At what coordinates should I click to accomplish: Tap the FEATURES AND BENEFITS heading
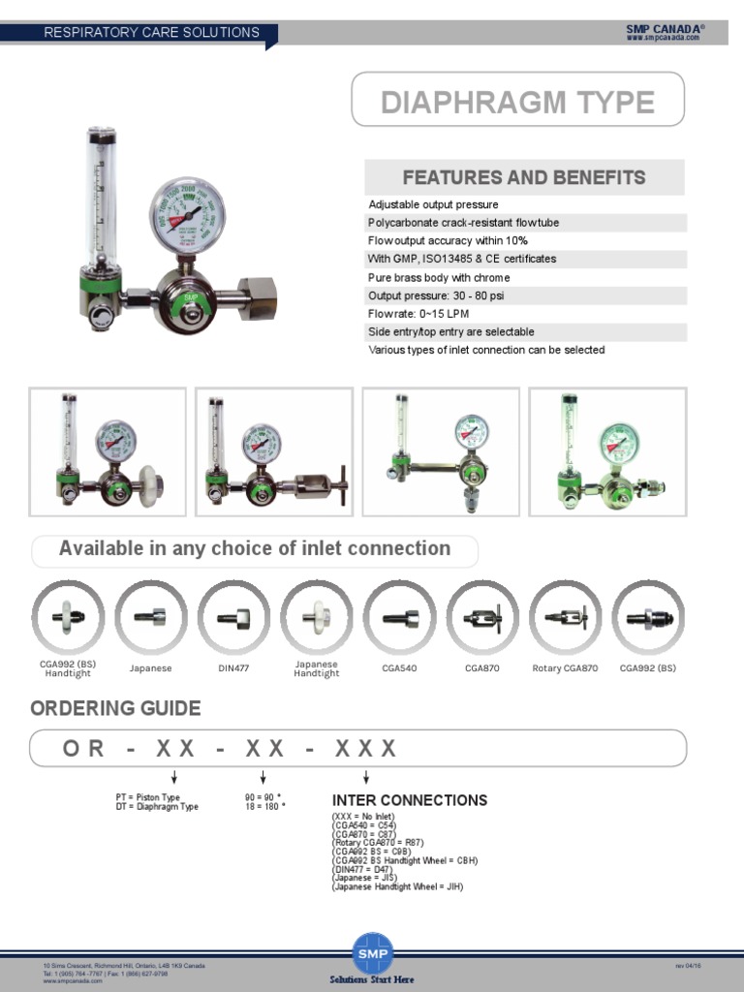524,177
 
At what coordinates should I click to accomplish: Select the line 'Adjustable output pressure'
434,204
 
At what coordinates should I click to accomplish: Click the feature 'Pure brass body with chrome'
437,277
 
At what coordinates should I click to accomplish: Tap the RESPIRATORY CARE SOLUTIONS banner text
152,32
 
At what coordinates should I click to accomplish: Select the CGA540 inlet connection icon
399,617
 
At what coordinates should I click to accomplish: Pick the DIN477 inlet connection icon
233,617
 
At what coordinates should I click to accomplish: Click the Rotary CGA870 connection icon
565,617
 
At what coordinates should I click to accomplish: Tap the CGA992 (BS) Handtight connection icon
68,617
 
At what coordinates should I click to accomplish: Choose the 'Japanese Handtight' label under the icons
317,668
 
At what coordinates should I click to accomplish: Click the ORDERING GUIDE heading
115,708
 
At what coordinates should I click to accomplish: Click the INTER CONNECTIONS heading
410,800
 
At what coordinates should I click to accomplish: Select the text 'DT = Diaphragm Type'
157,806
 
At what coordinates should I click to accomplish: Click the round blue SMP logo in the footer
372,951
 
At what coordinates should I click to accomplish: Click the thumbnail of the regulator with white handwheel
108,451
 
